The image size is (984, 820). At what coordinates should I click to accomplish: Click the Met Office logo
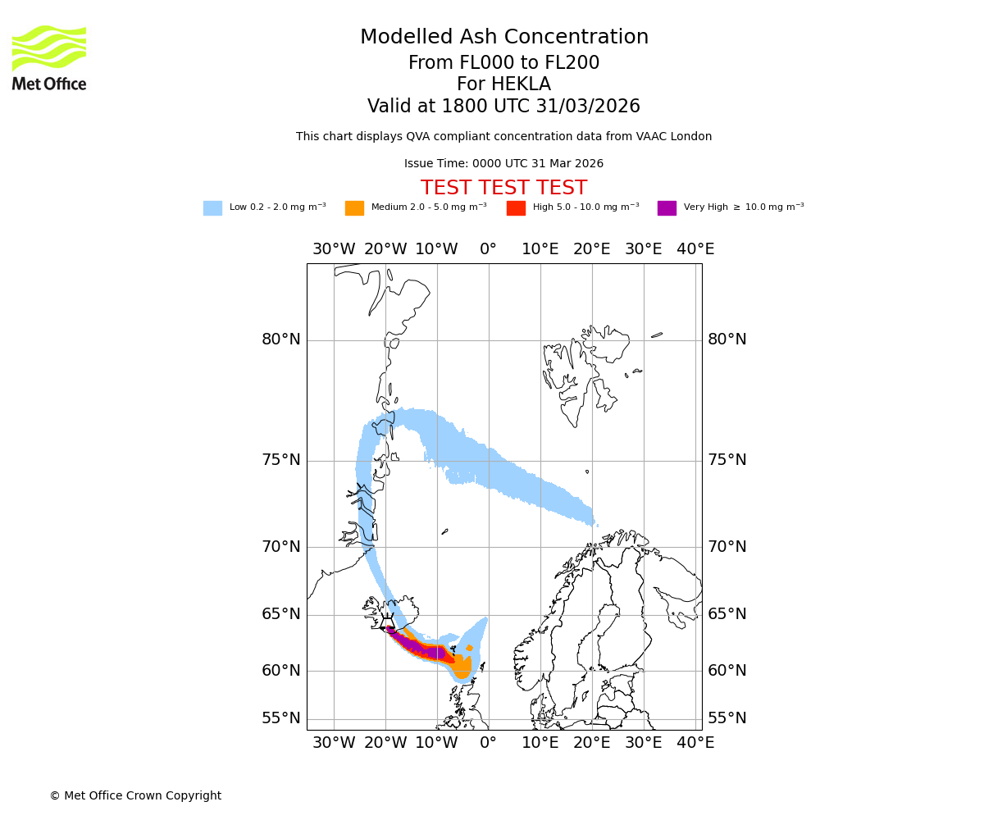tap(49, 57)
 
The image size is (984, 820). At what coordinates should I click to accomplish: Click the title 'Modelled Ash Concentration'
tap(504, 38)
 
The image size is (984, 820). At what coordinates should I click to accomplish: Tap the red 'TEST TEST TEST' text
tap(503, 189)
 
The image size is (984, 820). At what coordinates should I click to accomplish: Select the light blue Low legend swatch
tap(212, 208)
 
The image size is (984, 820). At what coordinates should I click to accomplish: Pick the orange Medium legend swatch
tap(354, 208)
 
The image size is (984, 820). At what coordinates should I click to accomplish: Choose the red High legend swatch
tap(516, 208)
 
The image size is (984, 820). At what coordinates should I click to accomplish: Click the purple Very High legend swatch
tap(667, 208)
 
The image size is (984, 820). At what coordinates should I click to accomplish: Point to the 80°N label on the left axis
tap(281, 339)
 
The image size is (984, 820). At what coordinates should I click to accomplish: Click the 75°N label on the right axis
tap(727, 460)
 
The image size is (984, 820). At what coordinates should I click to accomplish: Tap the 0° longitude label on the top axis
tap(488, 249)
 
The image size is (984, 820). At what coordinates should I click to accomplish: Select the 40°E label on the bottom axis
tap(695, 743)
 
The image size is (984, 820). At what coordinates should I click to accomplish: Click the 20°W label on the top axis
tap(385, 249)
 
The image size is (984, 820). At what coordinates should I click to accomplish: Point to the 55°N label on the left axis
tap(281, 718)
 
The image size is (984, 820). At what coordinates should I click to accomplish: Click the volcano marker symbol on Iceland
tap(387, 622)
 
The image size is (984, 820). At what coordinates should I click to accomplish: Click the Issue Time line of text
tap(503, 164)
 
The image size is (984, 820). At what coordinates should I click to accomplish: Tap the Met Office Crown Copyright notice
tap(135, 796)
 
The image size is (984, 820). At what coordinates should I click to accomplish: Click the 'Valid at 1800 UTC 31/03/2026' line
tap(503, 107)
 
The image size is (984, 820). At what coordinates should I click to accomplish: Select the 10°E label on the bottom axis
tap(540, 743)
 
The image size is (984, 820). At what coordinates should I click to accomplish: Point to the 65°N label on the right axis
tap(727, 614)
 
